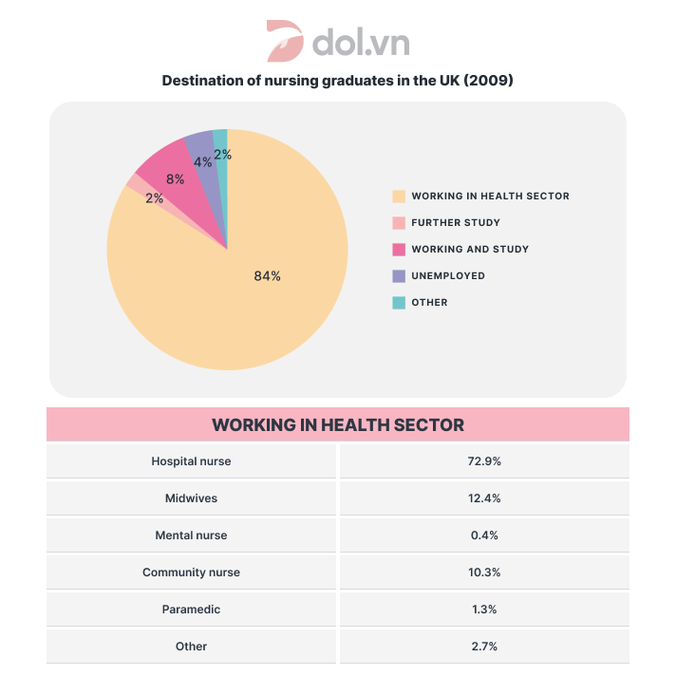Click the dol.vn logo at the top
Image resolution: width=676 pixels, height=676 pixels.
(337, 42)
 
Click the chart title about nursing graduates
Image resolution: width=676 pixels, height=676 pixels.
(337, 81)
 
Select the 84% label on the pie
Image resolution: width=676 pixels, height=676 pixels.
(267, 276)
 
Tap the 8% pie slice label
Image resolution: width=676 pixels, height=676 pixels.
(175, 178)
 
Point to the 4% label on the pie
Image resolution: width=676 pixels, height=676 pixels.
(202, 162)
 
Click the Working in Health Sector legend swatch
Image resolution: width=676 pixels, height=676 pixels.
(399, 197)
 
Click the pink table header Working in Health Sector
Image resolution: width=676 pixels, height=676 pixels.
(337, 424)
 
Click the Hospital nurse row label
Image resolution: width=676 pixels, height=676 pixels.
(191, 461)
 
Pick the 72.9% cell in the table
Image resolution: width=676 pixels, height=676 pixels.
(483, 461)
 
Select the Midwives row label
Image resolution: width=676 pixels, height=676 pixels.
(191, 498)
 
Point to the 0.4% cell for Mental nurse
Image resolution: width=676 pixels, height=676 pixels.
(483, 535)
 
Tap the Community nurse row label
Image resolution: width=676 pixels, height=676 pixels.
(191, 573)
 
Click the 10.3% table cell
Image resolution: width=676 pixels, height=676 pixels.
(483, 573)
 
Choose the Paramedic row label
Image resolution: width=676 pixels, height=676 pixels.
(191, 610)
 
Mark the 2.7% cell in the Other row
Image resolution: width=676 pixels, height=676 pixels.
(483, 647)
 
